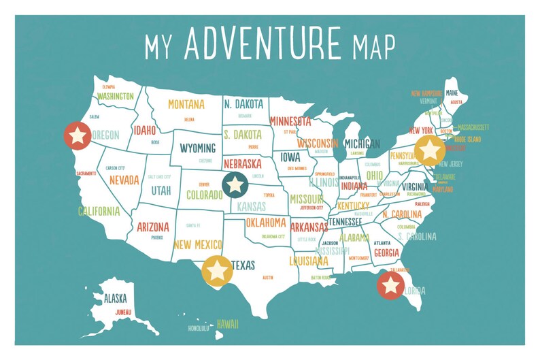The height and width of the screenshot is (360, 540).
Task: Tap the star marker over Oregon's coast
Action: (x=78, y=136)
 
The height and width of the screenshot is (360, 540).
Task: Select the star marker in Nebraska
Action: (x=235, y=184)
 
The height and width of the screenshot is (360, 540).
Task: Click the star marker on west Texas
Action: (x=216, y=269)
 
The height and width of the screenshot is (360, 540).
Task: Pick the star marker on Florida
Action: (x=390, y=285)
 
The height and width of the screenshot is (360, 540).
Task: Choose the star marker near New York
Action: (x=430, y=150)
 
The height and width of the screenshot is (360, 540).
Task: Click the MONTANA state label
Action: (x=186, y=105)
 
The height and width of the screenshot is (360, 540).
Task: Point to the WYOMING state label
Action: (x=198, y=148)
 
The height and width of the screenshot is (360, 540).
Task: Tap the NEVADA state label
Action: (x=124, y=180)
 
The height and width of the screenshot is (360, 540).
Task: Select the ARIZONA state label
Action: (x=153, y=227)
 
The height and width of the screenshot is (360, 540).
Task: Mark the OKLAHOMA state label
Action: (x=266, y=223)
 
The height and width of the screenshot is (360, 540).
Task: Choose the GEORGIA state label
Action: (x=386, y=252)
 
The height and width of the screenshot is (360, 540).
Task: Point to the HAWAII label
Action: (x=228, y=325)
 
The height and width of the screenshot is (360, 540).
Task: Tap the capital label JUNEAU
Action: (x=123, y=312)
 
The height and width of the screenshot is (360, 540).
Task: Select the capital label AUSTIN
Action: (x=267, y=278)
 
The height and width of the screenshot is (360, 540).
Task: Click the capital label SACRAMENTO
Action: (x=86, y=174)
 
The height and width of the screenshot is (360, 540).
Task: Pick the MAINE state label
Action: (x=452, y=93)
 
